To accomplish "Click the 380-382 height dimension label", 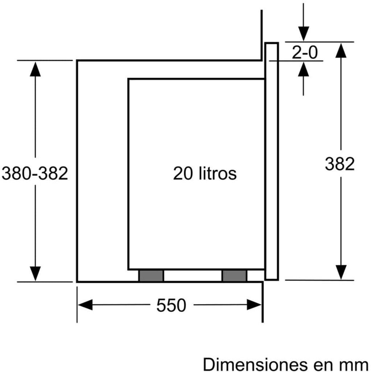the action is [x=35, y=174].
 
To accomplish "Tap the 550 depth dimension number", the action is [x=171, y=306].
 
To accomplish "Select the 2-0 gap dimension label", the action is [x=304, y=53].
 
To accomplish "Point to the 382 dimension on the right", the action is [x=339, y=164].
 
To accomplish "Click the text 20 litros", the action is [x=205, y=173].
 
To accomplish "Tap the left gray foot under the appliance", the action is [x=151, y=276].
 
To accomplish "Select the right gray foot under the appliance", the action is [x=234, y=276].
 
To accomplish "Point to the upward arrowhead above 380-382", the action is [x=35, y=69].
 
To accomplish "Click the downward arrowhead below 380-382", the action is [x=35, y=273].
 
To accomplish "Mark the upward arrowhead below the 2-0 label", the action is [x=304, y=69].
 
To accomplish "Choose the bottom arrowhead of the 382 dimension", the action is [x=340, y=272].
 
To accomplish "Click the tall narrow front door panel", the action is [x=272, y=161].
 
